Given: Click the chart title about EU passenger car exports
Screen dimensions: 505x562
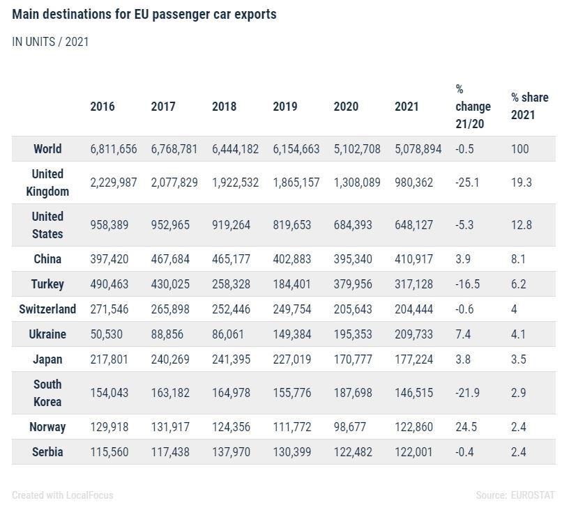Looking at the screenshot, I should (x=144, y=15).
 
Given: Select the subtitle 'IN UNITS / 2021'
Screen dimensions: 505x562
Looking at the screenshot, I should (x=50, y=42).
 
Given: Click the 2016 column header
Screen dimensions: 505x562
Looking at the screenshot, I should (x=102, y=107).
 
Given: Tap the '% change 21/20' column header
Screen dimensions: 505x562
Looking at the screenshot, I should (x=473, y=107).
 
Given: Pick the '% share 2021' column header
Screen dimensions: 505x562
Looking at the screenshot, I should (x=529, y=106).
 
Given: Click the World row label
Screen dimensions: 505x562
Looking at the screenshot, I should (x=47, y=149).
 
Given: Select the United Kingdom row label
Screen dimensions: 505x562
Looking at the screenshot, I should (x=47, y=182).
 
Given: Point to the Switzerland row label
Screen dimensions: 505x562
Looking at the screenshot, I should (x=47, y=309).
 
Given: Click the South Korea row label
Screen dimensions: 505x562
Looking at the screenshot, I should (x=47, y=393).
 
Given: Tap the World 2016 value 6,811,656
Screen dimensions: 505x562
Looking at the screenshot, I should (x=114, y=149).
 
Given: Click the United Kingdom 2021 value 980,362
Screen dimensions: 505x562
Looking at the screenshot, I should (x=413, y=182).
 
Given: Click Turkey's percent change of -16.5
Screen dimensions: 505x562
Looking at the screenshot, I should (x=468, y=284).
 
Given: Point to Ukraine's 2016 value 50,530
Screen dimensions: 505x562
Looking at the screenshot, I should (x=106, y=334).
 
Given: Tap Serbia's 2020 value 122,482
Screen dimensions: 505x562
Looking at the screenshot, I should (x=353, y=452).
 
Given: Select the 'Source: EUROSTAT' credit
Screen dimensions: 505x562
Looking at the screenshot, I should (x=515, y=495).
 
